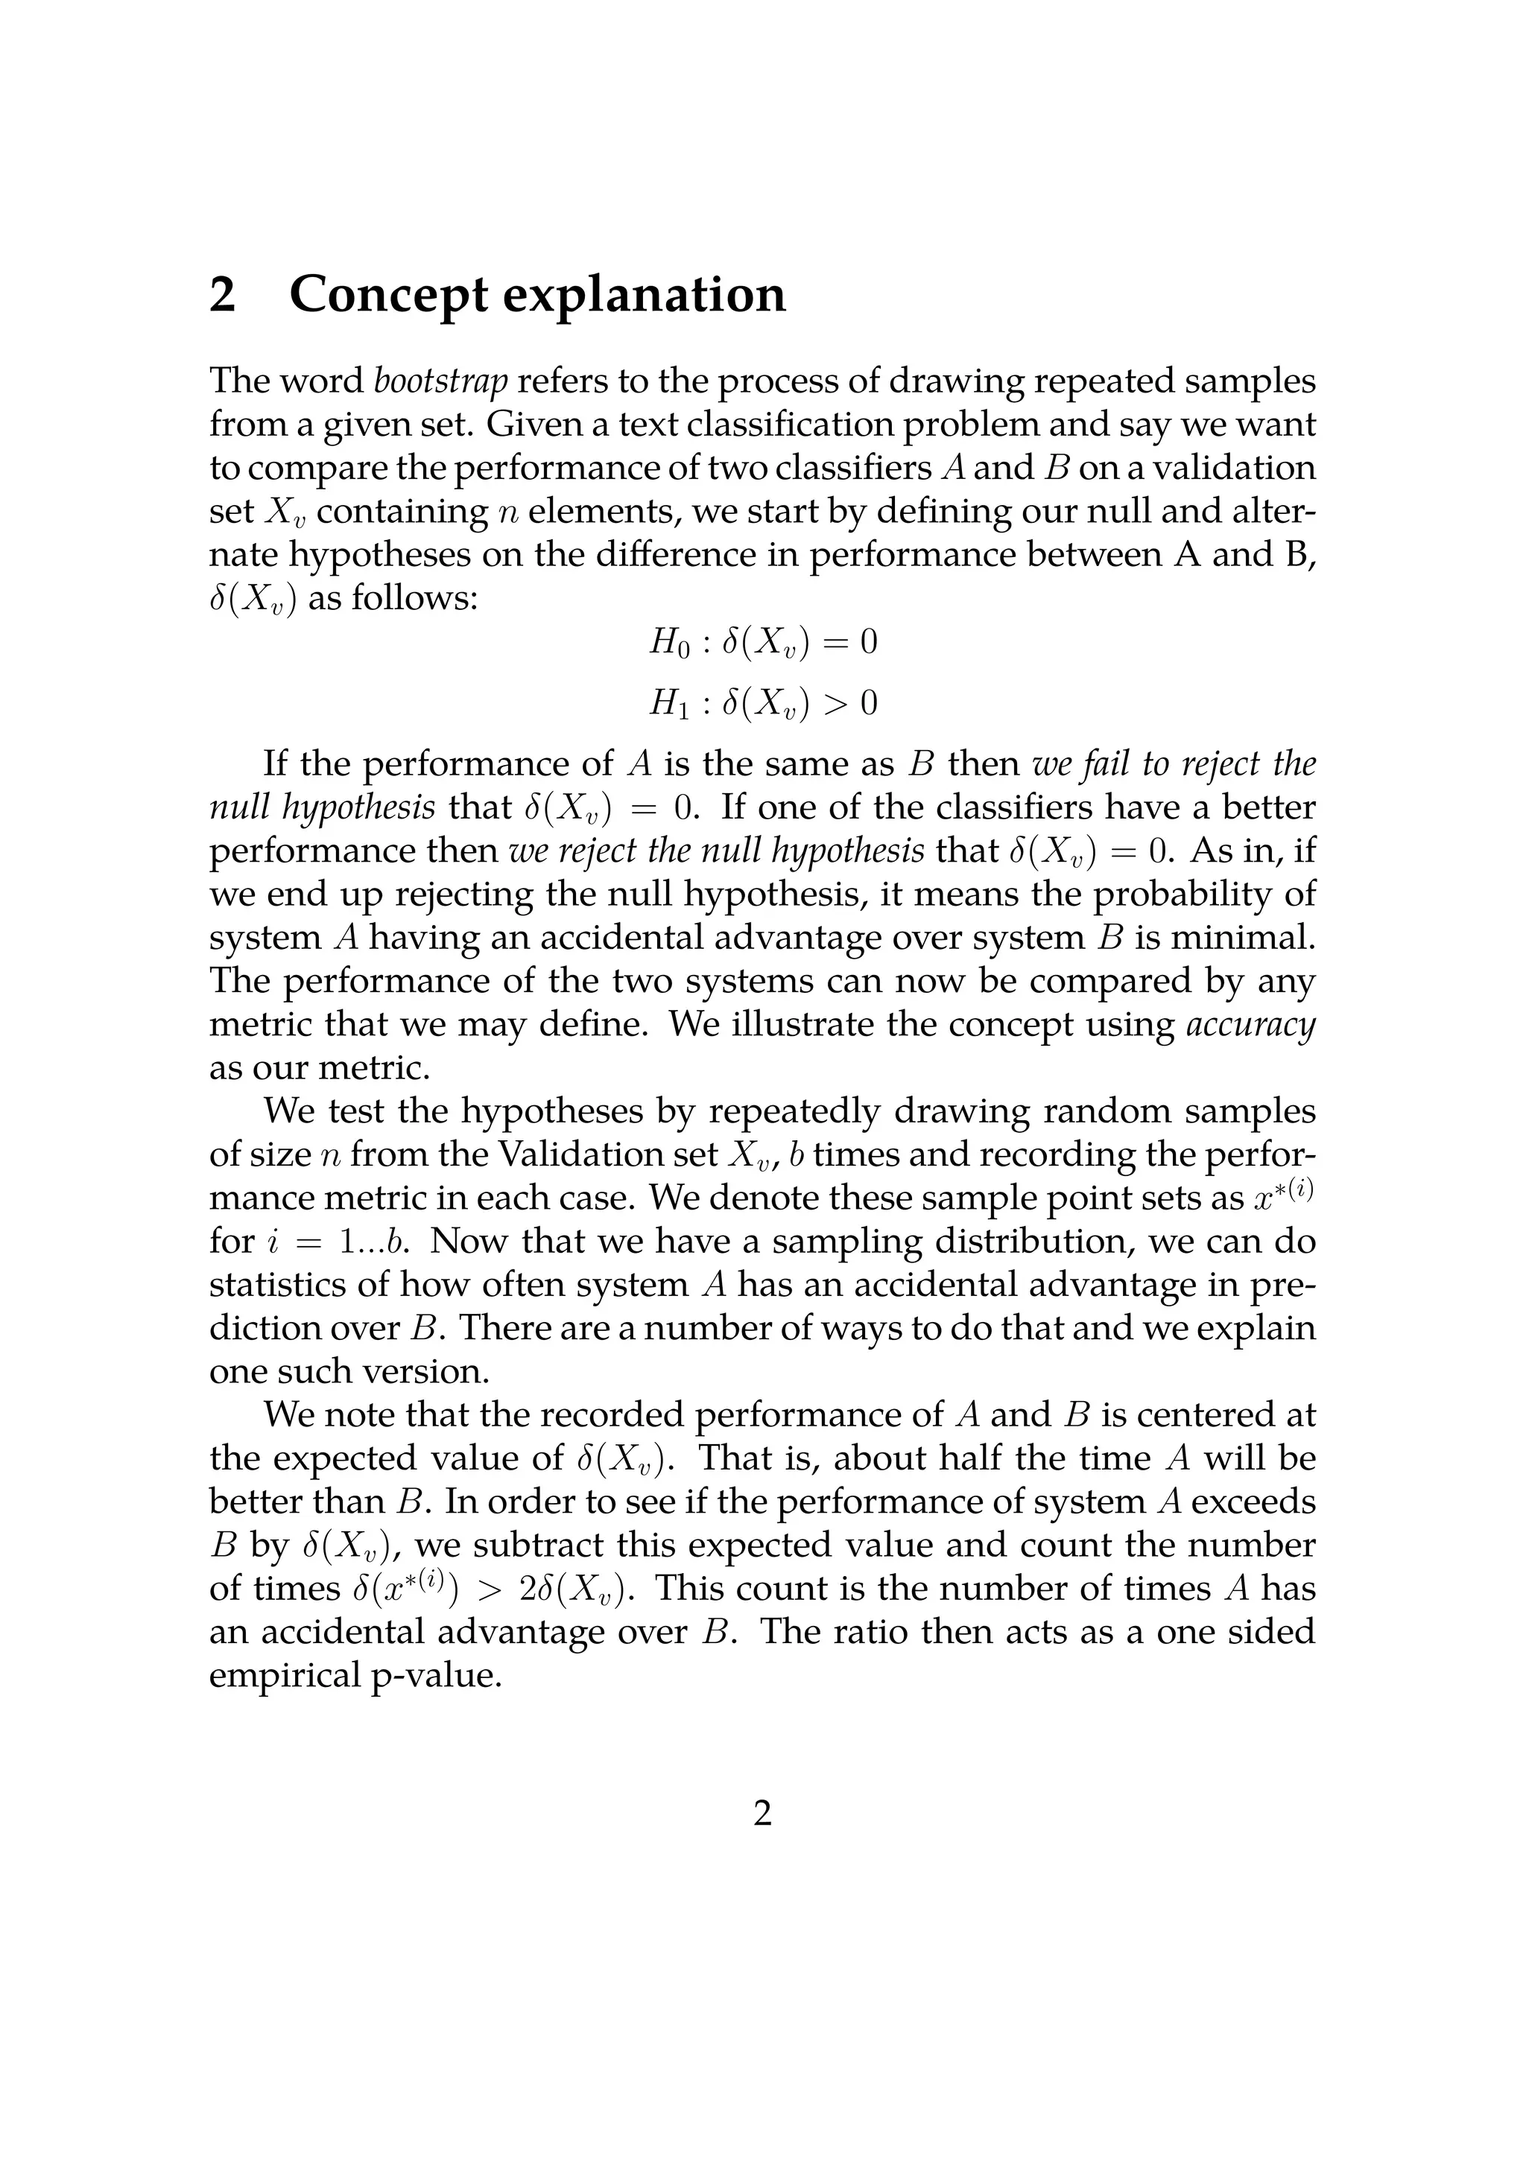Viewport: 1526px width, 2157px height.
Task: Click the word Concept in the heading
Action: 388,295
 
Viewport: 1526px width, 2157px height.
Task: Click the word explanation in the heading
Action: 644,295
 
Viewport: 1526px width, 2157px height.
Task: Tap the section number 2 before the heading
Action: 223,295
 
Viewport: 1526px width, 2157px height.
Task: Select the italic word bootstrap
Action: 440,381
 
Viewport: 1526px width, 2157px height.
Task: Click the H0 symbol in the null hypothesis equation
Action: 670,643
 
